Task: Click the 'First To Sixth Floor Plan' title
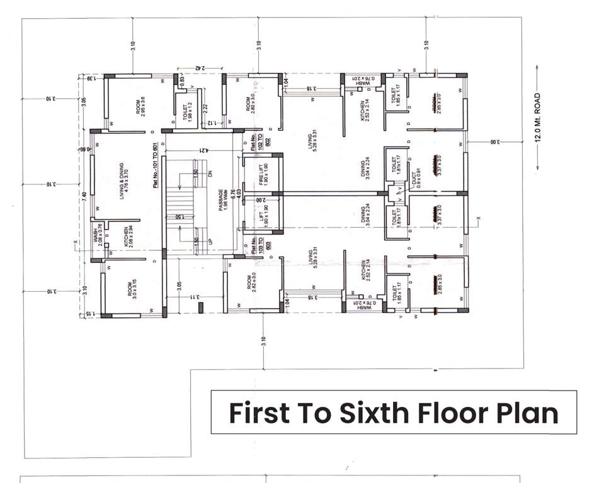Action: (x=393, y=413)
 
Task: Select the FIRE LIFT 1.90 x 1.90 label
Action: (x=263, y=172)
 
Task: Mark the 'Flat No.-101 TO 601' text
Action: (x=154, y=165)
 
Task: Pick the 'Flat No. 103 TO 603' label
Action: (x=256, y=243)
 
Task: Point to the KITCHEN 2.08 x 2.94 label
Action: (x=129, y=238)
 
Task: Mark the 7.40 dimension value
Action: (x=84, y=196)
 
